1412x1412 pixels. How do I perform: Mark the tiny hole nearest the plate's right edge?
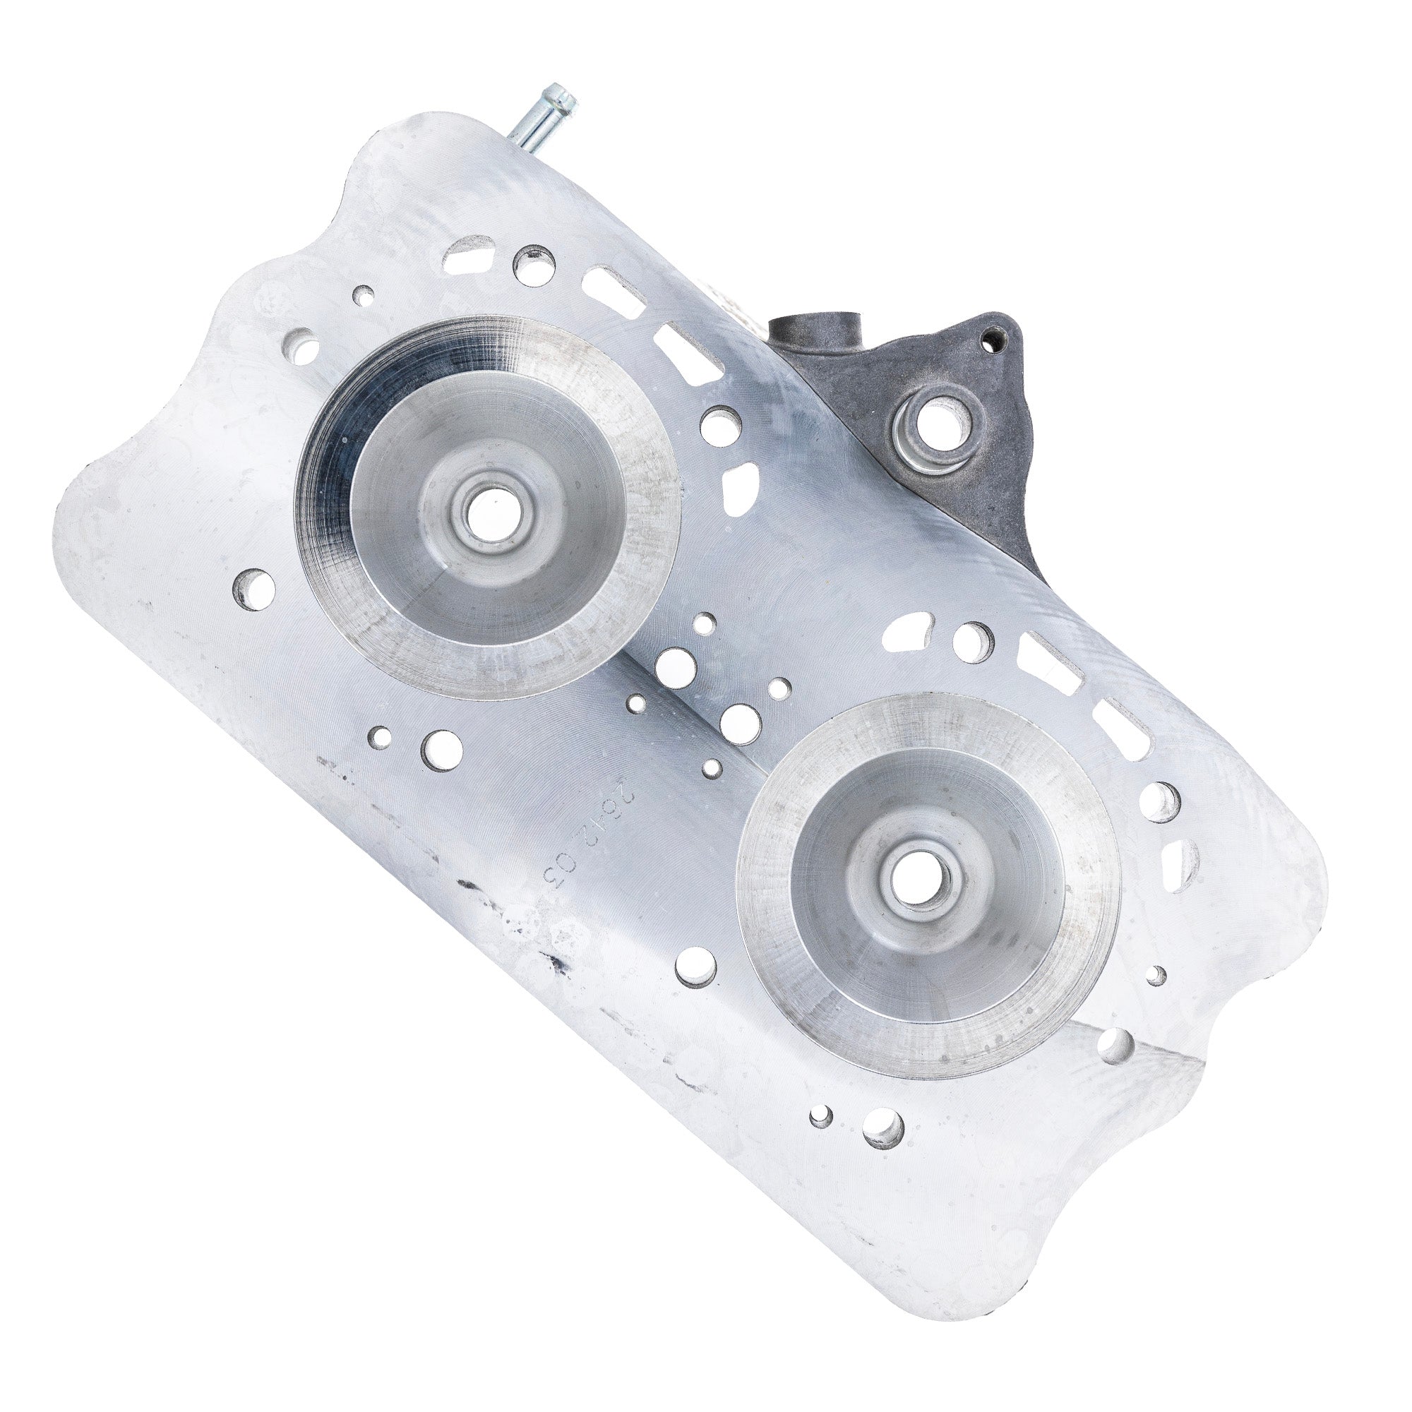click(1156, 974)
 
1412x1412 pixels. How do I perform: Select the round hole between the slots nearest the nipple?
click(532, 265)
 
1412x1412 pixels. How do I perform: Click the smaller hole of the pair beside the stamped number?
click(380, 736)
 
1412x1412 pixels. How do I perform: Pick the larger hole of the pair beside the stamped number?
click(441, 750)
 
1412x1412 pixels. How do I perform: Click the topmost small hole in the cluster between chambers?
click(705, 624)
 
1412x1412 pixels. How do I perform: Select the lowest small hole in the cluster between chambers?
click(713, 767)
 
